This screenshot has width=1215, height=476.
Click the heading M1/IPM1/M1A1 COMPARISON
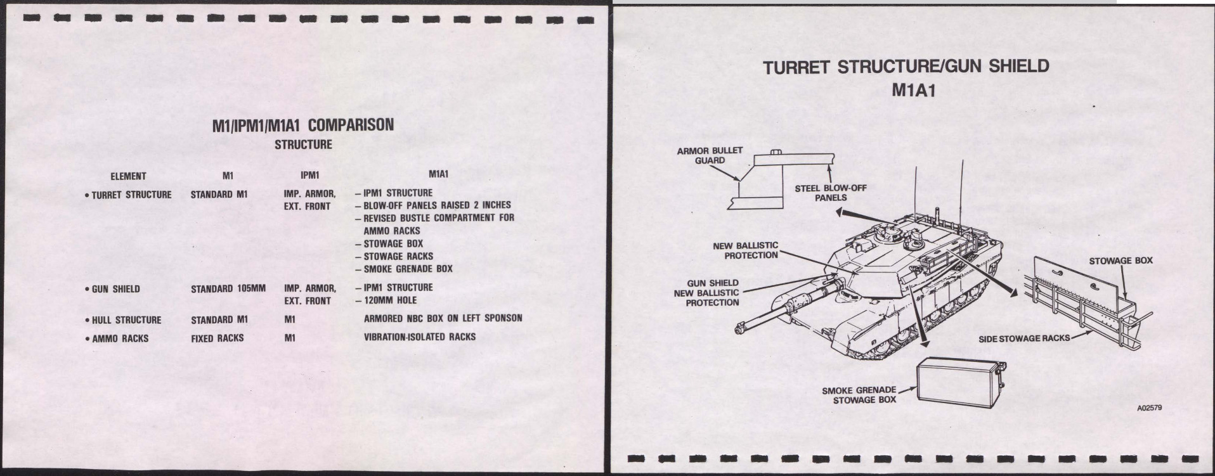click(302, 125)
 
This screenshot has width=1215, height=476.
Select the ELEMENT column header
click(128, 176)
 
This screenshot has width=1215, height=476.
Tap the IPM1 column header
click(309, 174)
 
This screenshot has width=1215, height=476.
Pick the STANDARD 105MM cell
click(228, 289)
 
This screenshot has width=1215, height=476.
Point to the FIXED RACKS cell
click(218, 338)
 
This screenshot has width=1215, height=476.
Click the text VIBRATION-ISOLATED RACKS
click(419, 337)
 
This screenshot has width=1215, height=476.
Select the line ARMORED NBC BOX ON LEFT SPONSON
click(443, 318)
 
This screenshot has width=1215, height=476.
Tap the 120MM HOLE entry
click(390, 300)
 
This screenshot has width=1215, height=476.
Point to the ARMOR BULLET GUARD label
click(710, 155)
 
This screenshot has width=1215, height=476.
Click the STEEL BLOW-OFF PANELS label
click(831, 193)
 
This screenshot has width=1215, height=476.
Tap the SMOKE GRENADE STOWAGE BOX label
click(859, 395)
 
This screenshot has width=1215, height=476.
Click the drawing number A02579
click(1149, 409)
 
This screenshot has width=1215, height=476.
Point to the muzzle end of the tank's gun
click(740, 327)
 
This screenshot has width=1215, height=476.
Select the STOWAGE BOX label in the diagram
click(1121, 261)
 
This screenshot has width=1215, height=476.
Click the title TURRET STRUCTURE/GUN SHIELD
click(906, 67)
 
